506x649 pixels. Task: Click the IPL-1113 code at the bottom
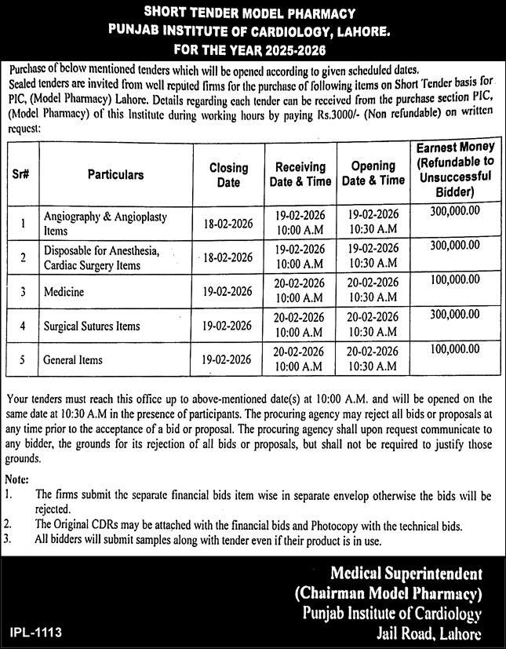point(37,631)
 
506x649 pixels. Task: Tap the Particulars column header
point(115,174)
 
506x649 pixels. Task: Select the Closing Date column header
point(228,174)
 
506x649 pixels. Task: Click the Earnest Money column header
point(455,169)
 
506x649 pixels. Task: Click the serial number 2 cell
point(24,257)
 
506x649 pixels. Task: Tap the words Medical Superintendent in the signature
point(406,573)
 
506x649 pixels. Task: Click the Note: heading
point(16,479)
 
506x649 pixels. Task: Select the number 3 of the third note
point(8,539)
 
